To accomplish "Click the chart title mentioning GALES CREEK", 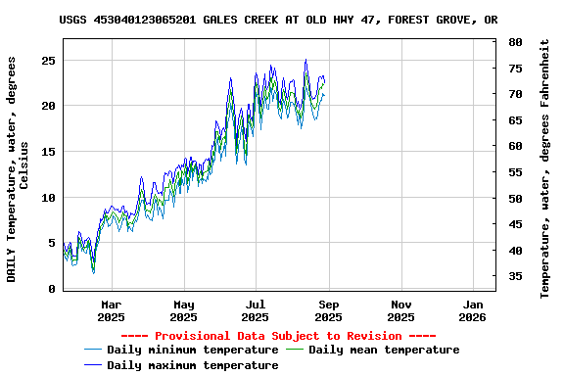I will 278,19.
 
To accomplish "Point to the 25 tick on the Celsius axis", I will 46,60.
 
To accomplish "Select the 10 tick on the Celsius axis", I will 46,197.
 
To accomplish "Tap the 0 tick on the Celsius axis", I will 50,289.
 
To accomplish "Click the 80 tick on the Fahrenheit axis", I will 515,42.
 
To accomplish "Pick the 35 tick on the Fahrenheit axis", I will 515,276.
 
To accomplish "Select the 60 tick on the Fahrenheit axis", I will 515,146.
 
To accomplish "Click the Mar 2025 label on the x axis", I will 111,310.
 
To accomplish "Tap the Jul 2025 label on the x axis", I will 255,310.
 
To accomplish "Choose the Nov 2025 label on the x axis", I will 400,310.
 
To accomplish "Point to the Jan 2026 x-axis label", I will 473,310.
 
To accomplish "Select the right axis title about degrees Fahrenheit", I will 545,168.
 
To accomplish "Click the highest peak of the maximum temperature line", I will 305,60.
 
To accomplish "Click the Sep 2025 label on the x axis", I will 328,310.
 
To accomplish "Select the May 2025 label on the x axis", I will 183,310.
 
